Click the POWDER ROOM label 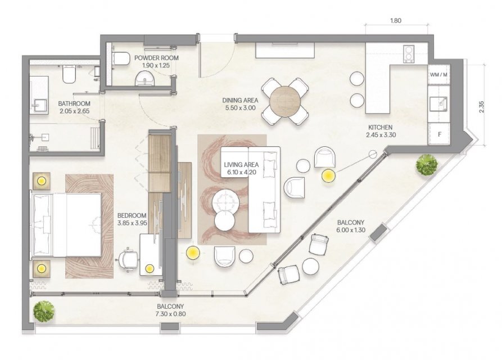(156, 58)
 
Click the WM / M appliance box (438, 75)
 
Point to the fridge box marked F (439, 134)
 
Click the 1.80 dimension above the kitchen (396, 21)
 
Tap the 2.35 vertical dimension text (482, 107)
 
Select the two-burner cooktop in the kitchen (409, 54)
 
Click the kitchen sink (439, 103)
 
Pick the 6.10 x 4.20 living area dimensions (241, 172)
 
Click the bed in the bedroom (66, 224)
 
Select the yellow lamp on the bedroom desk (150, 268)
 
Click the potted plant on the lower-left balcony (44, 311)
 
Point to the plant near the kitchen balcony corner (427, 165)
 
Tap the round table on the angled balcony (310, 266)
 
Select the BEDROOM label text (132, 215)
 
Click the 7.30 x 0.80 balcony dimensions (170, 314)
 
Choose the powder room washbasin (144, 79)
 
